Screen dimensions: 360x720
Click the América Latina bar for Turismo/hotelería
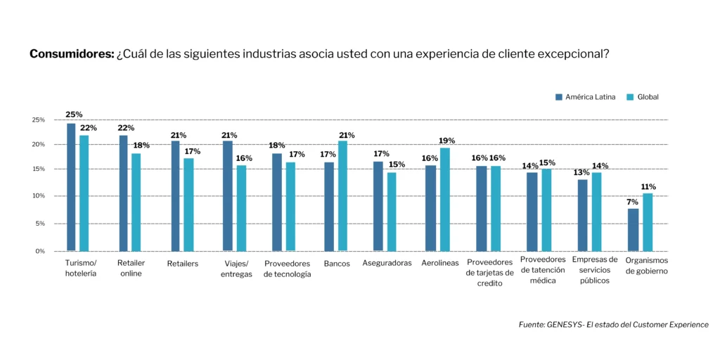click(71, 187)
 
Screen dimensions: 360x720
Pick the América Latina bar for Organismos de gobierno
click(633, 229)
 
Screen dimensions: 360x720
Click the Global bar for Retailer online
click(136, 202)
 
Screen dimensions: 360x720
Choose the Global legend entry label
click(648, 97)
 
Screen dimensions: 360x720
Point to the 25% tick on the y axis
click(38, 120)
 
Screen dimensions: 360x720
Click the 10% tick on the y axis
click(38, 196)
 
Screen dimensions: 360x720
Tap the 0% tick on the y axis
click(39, 251)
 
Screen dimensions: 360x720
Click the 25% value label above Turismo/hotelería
click(74, 114)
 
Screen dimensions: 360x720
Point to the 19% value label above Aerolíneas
click(446, 141)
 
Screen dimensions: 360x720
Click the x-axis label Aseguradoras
click(387, 264)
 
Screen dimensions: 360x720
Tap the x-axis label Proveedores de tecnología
click(287, 269)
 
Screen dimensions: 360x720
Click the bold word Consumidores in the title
click(71, 54)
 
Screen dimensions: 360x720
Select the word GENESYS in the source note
click(566, 325)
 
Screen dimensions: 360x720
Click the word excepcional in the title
click(571, 54)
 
